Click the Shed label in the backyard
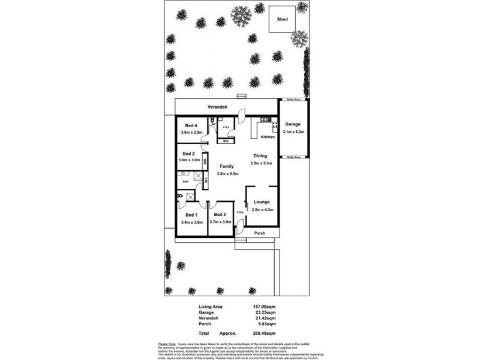point(282,19)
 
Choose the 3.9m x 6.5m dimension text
point(228,174)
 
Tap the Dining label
point(260,156)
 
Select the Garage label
point(293,124)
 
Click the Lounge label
point(262,202)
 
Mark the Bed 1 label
point(190,214)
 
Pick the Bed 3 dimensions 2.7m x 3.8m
point(221,222)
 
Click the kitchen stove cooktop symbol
point(274,125)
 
